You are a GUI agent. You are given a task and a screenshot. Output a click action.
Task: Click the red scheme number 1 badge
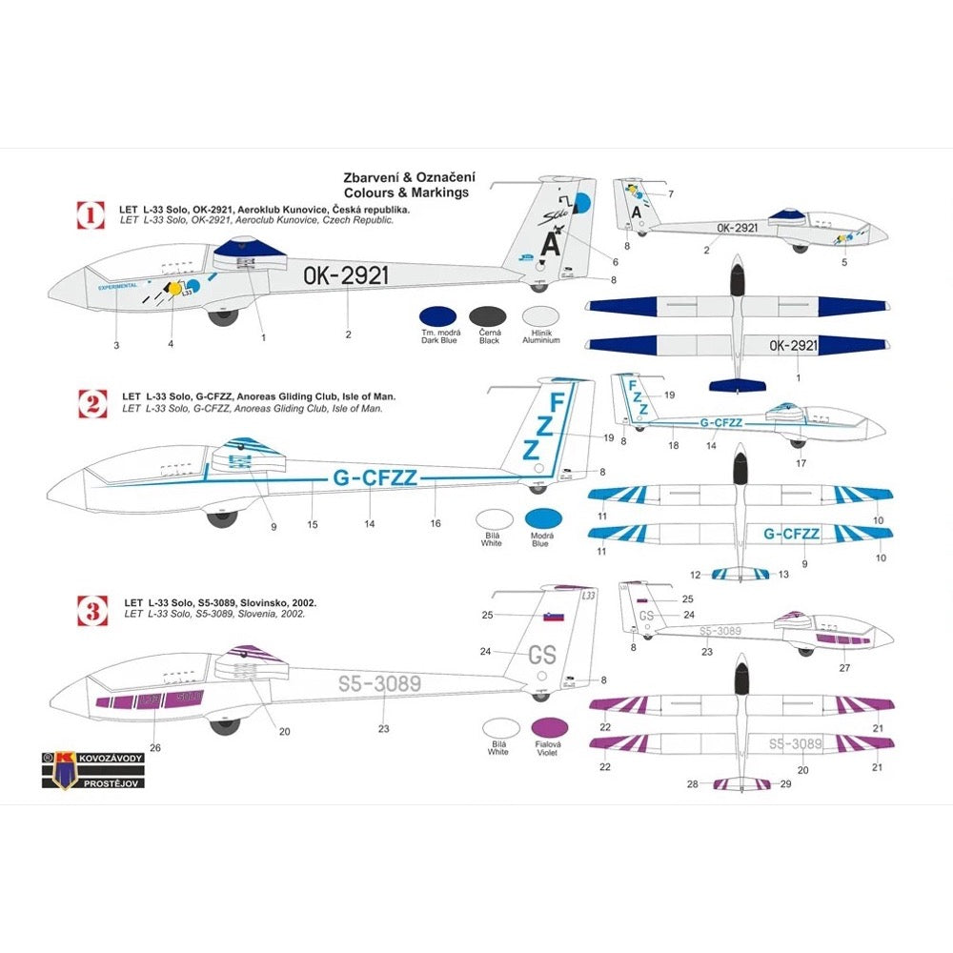[91, 214]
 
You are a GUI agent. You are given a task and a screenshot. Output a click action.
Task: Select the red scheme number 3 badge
[91, 609]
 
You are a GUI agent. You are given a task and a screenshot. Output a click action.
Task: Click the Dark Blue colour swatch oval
[437, 316]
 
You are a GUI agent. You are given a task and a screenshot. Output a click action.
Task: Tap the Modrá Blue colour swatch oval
[543, 518]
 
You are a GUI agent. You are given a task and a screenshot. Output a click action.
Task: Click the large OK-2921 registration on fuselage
[346, 276]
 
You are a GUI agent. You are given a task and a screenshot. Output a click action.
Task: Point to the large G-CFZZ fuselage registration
[375, 479]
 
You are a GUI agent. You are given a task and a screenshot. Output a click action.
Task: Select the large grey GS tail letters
[542, 655]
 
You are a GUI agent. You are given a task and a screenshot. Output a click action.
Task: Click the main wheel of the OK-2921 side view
[226, 314]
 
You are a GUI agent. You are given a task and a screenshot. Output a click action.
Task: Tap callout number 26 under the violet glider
[154, 747]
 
